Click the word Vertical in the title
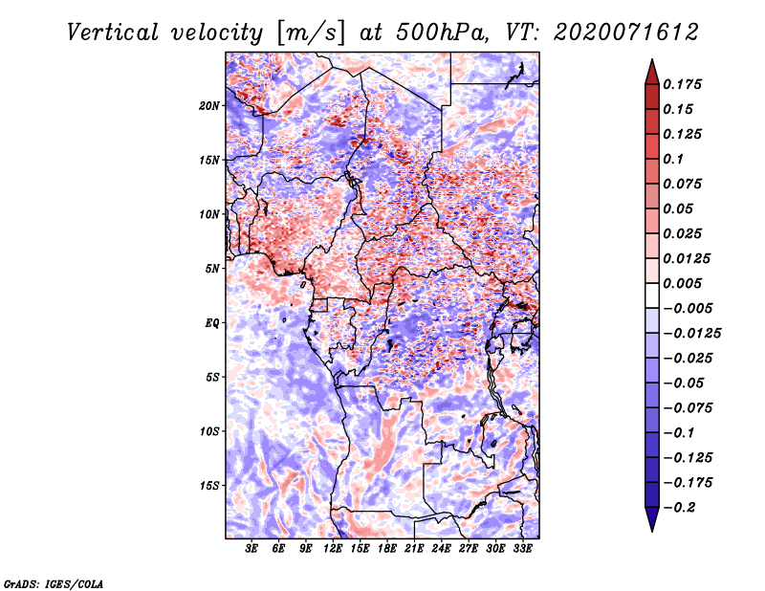[112, 33]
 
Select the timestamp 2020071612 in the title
[626, 33]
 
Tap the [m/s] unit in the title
[312, 33]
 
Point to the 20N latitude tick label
[209, 106]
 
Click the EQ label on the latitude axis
[211, 323]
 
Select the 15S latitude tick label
[209, 486]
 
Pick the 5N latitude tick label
[212, 269]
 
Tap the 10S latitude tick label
[209, 431]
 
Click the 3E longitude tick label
[251, 548]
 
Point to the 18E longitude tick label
[387, 548]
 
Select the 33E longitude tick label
[522, 548]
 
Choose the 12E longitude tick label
[333, 548]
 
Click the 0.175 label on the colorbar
[682, 84]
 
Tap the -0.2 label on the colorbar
[679, 508]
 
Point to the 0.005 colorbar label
[682, 283]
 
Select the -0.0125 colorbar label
[691, 334]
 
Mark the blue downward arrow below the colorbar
[652, 518]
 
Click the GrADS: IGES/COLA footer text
[54, 583]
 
